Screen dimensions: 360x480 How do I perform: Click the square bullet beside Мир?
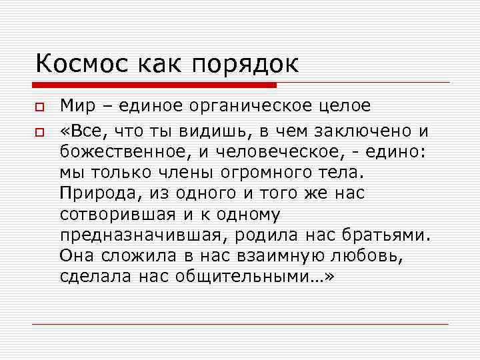(x=40, y=107)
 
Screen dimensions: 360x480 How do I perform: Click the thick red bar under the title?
(x=154, y=85)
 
